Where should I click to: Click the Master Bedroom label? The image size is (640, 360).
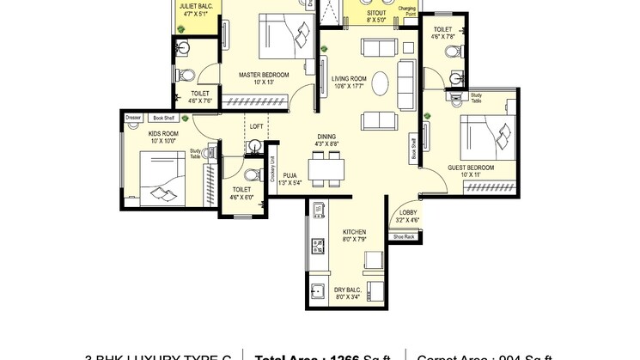(263, 75)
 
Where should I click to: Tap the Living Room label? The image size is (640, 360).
(349, 79)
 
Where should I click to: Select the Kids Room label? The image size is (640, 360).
(163, 134)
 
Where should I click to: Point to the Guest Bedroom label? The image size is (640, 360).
(471, 167)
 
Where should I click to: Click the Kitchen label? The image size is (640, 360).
(355, 232)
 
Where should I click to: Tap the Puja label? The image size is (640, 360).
(290, 175)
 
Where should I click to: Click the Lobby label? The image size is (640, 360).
(408, 212)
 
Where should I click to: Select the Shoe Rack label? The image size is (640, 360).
(404, 236)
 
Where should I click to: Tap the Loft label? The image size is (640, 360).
(256, 126)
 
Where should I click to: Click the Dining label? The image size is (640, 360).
(326, 137)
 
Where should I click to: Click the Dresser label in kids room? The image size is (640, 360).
(132, 118)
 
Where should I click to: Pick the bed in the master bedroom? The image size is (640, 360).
(288, 36)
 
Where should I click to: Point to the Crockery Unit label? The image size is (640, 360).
(271, 168)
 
